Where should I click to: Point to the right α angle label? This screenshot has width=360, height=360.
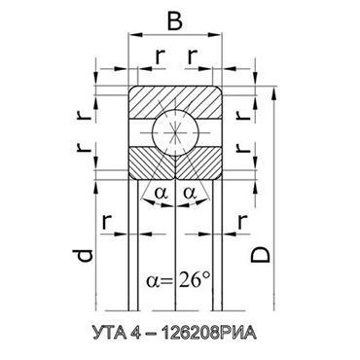coord(190,195)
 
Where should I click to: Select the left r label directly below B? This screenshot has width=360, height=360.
coord(160,53)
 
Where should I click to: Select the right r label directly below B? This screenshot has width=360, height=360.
coord(193,53)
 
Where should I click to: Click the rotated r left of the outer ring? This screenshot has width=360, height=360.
coord(86,112)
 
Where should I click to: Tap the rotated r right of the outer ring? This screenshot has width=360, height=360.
coord(256,112)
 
